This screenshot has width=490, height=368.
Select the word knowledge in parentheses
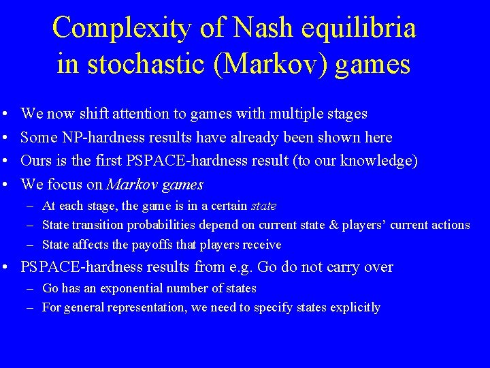pos(380,161)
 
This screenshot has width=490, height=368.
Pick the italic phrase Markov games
pos(155,185)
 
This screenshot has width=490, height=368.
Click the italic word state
pos(264,205)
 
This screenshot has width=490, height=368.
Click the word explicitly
pos(355,307)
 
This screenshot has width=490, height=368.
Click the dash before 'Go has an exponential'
pos(31,288)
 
